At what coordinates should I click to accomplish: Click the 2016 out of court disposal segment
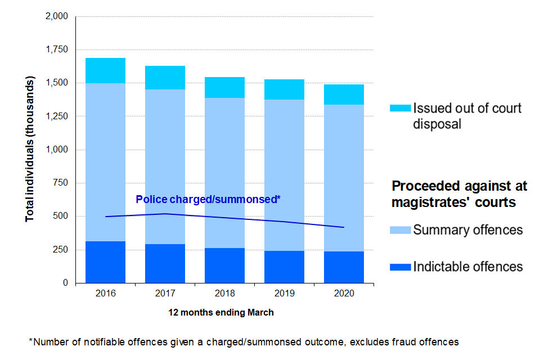tap(105, 70)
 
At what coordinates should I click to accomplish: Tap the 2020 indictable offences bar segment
tap(344, 267)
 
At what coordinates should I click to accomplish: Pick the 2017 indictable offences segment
tap(165, 263)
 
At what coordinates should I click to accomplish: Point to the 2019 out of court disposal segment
tap(284, 89)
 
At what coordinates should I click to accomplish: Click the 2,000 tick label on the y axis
tap(56, 17)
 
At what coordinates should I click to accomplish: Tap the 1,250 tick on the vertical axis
tap(56, 116)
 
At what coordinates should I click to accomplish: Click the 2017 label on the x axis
tap(165, 294)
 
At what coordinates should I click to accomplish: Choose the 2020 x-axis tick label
tap(344, 294)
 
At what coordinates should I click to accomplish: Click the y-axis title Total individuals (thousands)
tap(30, 150)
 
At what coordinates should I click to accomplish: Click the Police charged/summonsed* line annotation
tap(208, 200)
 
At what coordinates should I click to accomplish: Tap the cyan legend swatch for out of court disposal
tap(400, 107)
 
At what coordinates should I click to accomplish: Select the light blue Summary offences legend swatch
tap(400, 230)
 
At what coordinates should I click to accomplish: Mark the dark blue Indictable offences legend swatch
tap(400, 267)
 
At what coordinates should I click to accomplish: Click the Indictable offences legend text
tap(468, 267)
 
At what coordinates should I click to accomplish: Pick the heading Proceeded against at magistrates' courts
tap(459, 194)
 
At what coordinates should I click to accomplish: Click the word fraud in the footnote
tap(400, 341)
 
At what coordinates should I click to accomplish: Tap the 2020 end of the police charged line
tap(344, 227)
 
